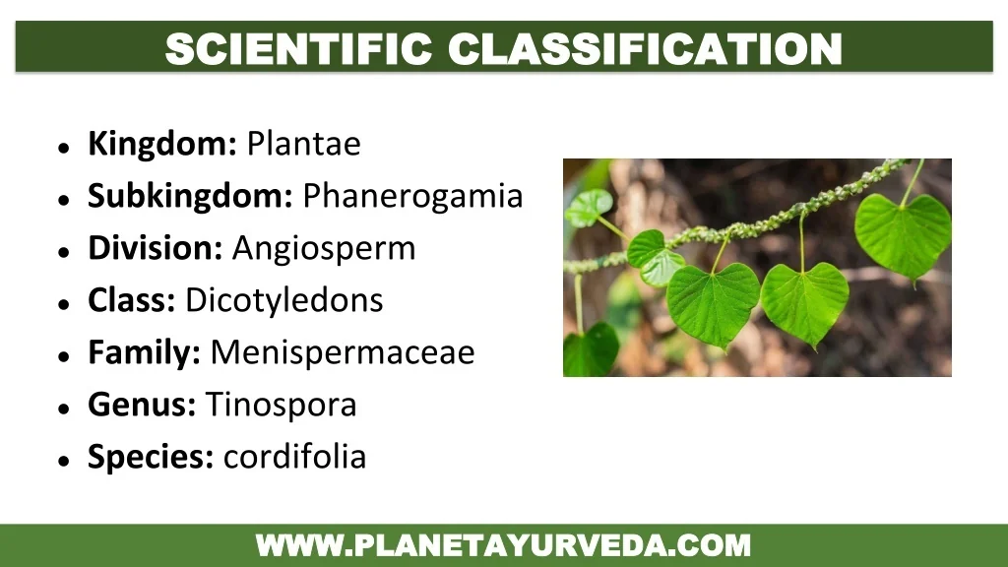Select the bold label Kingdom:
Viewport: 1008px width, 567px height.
[x=162, y=145]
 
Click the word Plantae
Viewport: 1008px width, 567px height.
[x=303, y=145]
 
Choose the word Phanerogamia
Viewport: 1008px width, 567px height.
[x=412, y=197]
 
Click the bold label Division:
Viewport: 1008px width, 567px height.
[x=156, y=249]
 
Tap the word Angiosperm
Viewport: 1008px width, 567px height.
[x=324, y=249]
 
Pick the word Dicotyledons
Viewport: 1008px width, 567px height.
[x=283, y=300]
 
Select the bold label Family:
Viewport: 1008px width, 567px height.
[x=144, y=352]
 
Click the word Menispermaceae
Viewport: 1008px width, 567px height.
[x=343, y=352]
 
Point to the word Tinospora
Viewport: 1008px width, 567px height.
[x=281, y=405]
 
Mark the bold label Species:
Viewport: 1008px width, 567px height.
[x=151, y=457]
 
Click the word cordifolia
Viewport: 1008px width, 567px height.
[x=294, y=457]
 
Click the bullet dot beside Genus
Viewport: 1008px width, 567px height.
[x=63, y=408]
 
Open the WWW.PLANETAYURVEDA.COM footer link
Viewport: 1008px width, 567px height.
[x=503, y=545]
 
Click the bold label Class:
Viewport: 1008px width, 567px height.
[x=132, y=300]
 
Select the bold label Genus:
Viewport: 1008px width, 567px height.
[x=142, y=405]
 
